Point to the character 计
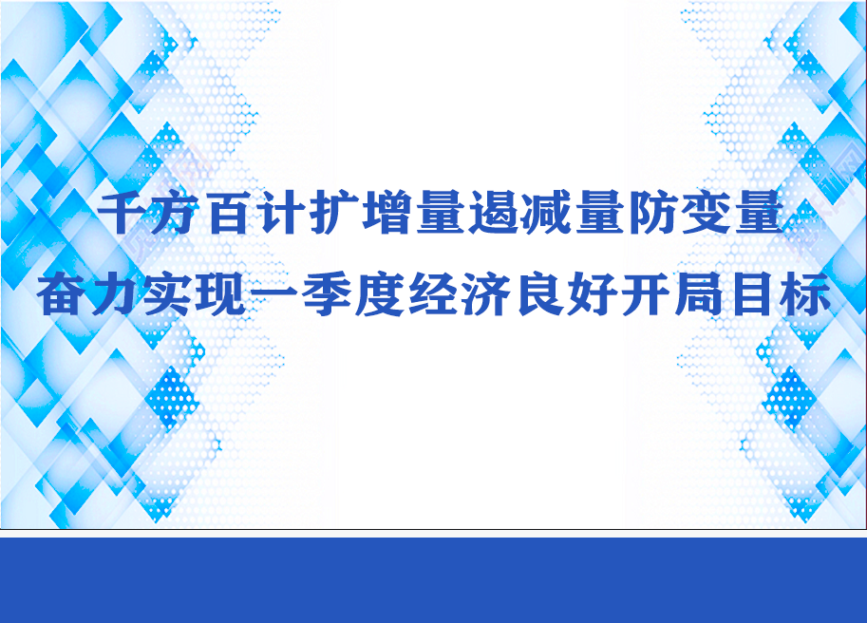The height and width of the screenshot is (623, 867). coord(281,213)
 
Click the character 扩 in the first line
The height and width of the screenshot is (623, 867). coord(334,213)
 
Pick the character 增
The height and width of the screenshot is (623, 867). coord(387,213)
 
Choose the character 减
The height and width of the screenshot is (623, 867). coord(547,213)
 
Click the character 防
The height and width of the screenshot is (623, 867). coord(653,213)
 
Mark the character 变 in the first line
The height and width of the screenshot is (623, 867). coord(707,213)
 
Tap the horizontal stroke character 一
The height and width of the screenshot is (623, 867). coord(273,293)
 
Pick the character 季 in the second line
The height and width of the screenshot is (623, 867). coord(327,293)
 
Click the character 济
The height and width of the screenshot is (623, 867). coord(486,293)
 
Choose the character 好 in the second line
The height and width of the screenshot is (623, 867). coord(594,293)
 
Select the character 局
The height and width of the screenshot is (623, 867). coord(700,293)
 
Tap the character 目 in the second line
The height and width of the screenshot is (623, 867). coord(753,293)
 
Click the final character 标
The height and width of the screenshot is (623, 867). coord(806,293)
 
